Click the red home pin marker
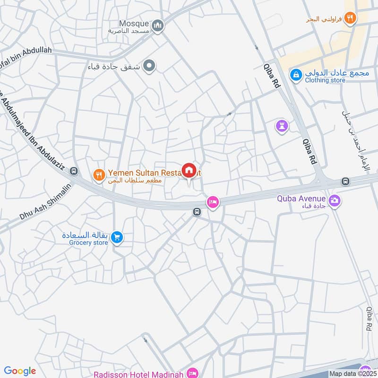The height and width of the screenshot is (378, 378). click(189, 171)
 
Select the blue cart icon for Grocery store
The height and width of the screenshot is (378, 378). click(118, 238)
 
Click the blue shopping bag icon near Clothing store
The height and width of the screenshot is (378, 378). click(296, 74)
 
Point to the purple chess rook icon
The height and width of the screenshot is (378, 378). click(282, 126)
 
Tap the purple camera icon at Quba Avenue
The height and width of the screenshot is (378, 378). click(335, 201)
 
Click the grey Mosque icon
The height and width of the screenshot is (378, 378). click(158, 25)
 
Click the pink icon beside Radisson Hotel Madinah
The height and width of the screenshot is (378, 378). click(192, 373)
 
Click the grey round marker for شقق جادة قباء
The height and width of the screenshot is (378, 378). click(149, 66)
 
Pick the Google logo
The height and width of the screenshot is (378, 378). click(20, 371)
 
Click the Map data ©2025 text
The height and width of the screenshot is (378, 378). click(352, 374)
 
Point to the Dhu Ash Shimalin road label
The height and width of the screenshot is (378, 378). click(45, 202)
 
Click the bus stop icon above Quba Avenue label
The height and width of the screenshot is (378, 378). click(346, 181)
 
